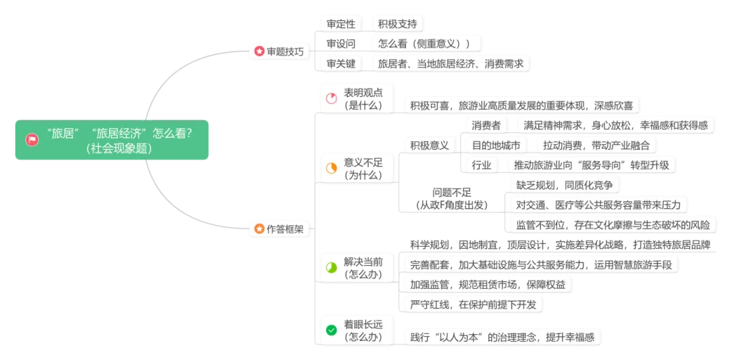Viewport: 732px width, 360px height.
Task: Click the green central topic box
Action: point(112,140)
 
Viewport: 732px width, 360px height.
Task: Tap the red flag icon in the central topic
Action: point(32,140)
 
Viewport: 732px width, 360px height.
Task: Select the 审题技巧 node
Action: point(280,52)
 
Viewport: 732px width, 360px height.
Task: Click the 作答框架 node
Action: point(280,229)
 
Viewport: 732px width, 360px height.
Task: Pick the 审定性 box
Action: point(341,23)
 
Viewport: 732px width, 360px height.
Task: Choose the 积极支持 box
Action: point(397,23)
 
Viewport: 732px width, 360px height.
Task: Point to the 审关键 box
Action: point(341,64)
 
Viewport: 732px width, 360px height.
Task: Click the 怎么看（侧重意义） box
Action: point(425,43)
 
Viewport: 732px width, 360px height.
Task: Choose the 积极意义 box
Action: point(429,145)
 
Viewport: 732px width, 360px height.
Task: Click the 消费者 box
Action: point(487,125)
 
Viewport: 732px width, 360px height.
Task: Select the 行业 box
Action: point(482,164)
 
